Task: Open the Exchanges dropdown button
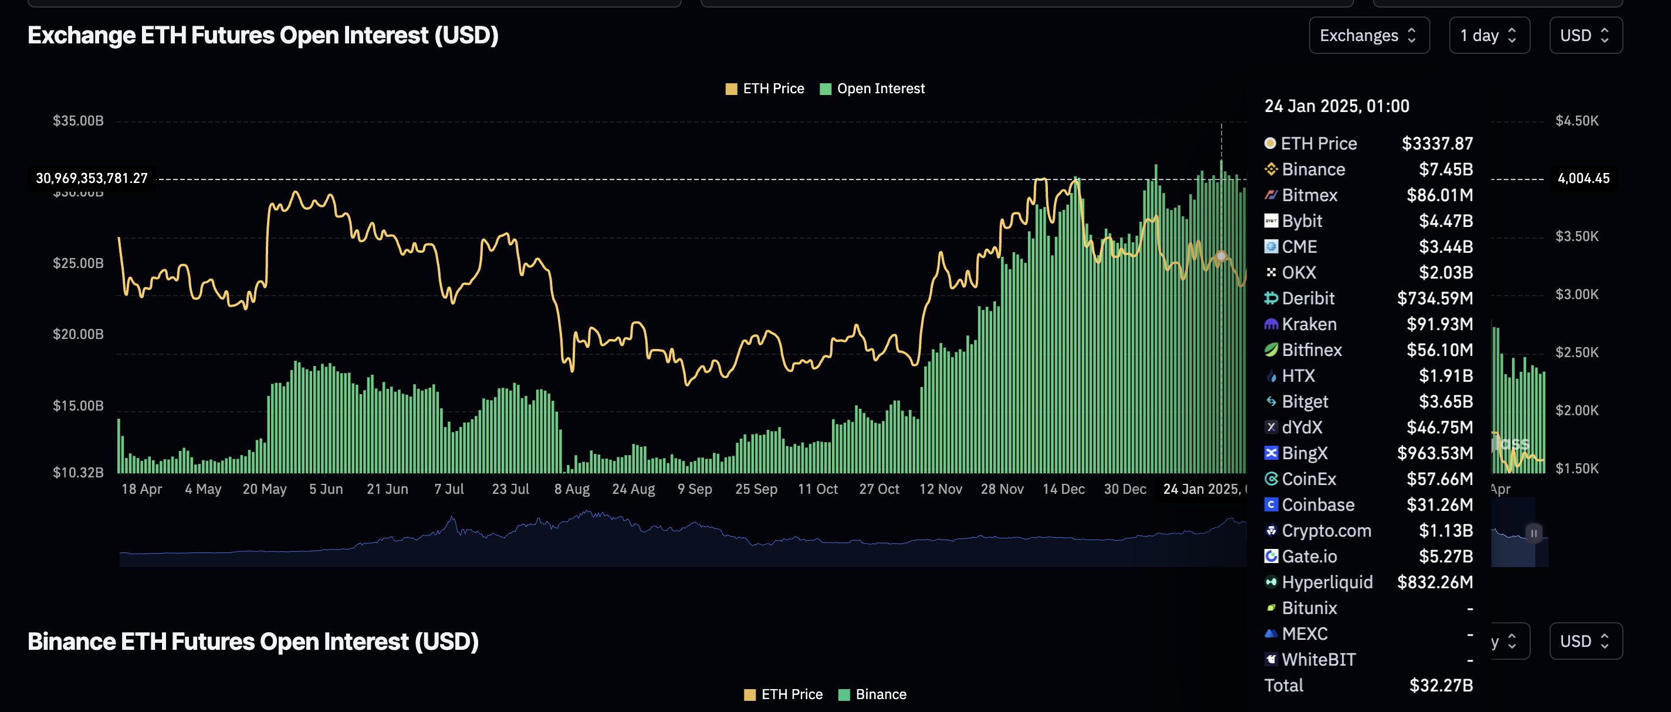1368,35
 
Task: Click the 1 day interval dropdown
1489,35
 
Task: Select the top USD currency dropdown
1585,35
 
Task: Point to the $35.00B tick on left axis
78,121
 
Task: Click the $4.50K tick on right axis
1577,121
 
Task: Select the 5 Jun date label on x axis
326,489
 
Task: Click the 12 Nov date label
940,489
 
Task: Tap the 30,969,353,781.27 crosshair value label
92,178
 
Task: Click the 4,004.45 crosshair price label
1583,178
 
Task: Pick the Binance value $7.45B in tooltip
1445,169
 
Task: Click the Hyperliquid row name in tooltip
1327,582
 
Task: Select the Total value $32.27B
1441,686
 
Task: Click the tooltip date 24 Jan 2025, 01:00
1337,106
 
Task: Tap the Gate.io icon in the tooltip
1271,557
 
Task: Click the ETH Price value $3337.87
1437,143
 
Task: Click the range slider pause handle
1534,533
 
